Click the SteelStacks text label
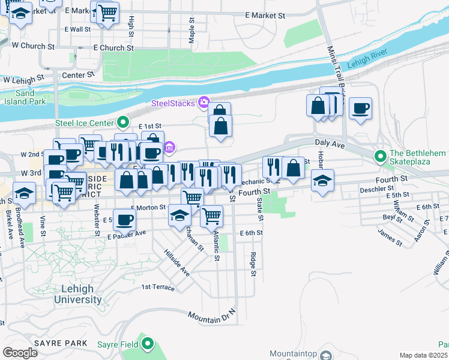tap(172, 103)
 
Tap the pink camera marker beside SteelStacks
tap(204, 103)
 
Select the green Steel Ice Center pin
tap(124, 122)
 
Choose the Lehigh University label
tap(77, 294)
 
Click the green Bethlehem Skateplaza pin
tap(379, 158)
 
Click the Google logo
tap(20, 352)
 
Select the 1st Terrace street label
tap(158, 287)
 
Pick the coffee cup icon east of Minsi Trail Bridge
tap(360, 109)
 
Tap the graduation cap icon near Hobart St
tap(322, 181)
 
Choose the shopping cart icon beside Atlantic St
tap(211, 216)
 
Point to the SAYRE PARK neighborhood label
tap(53, 343)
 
